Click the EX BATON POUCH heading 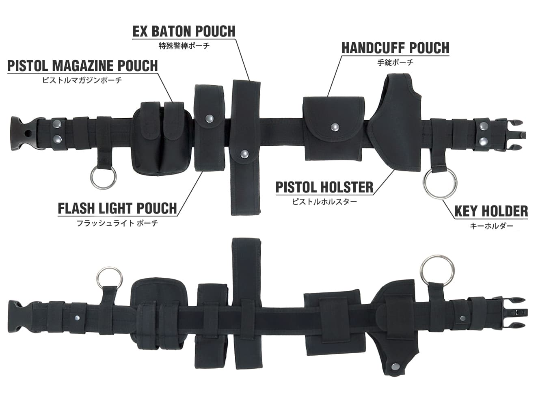tap(184, 31)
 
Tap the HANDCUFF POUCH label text tap(396, 48)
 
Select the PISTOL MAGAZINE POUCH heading tap(82, 66)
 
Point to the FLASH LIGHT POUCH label tap(117, 208)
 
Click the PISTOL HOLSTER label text tap(324, 187)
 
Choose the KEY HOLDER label tap(491, 211)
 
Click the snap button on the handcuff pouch tap(335, 126)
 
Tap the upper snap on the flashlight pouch tap(209, 119)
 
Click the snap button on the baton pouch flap tap(244, 154)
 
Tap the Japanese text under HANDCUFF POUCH tap(396, 63)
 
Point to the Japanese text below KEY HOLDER tap(491, 226)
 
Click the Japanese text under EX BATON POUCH tap(184, 45)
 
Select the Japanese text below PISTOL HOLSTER tap(324, 202)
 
